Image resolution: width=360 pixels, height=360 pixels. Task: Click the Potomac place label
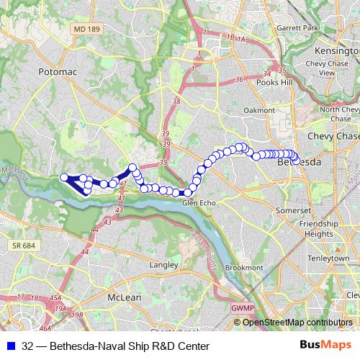[x=56, y=73]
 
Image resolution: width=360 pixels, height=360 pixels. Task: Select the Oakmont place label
[x=259, y=110]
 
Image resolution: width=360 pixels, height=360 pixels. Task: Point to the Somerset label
[x=296, y=210]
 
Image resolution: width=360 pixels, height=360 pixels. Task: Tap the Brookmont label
[x=245, y=267]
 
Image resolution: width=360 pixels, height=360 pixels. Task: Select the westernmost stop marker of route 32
[x=63, y=177]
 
